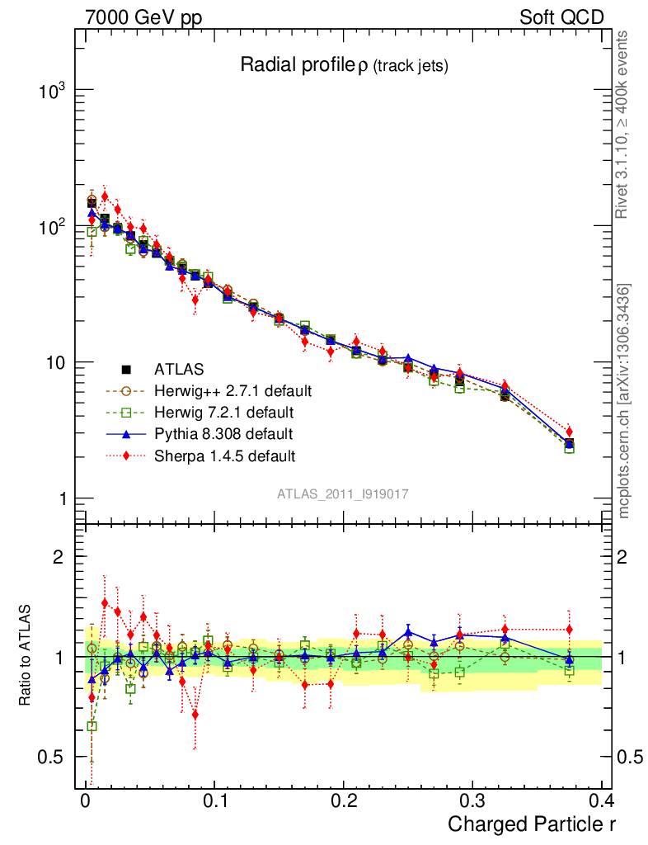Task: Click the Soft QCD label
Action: pyautogui.click(x=561, y=17)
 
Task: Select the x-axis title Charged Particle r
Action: pyautogui.click(x=531, y=824)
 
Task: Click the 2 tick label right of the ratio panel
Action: pyautogui.click(x=624, y=557)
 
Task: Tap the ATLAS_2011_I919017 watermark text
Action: pyautogui.click(x=343, y=493)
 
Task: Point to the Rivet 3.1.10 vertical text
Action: pyautogui.click(x=624, y=125)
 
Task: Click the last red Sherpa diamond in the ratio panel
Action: pyautogui.click(x=569, y=630)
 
